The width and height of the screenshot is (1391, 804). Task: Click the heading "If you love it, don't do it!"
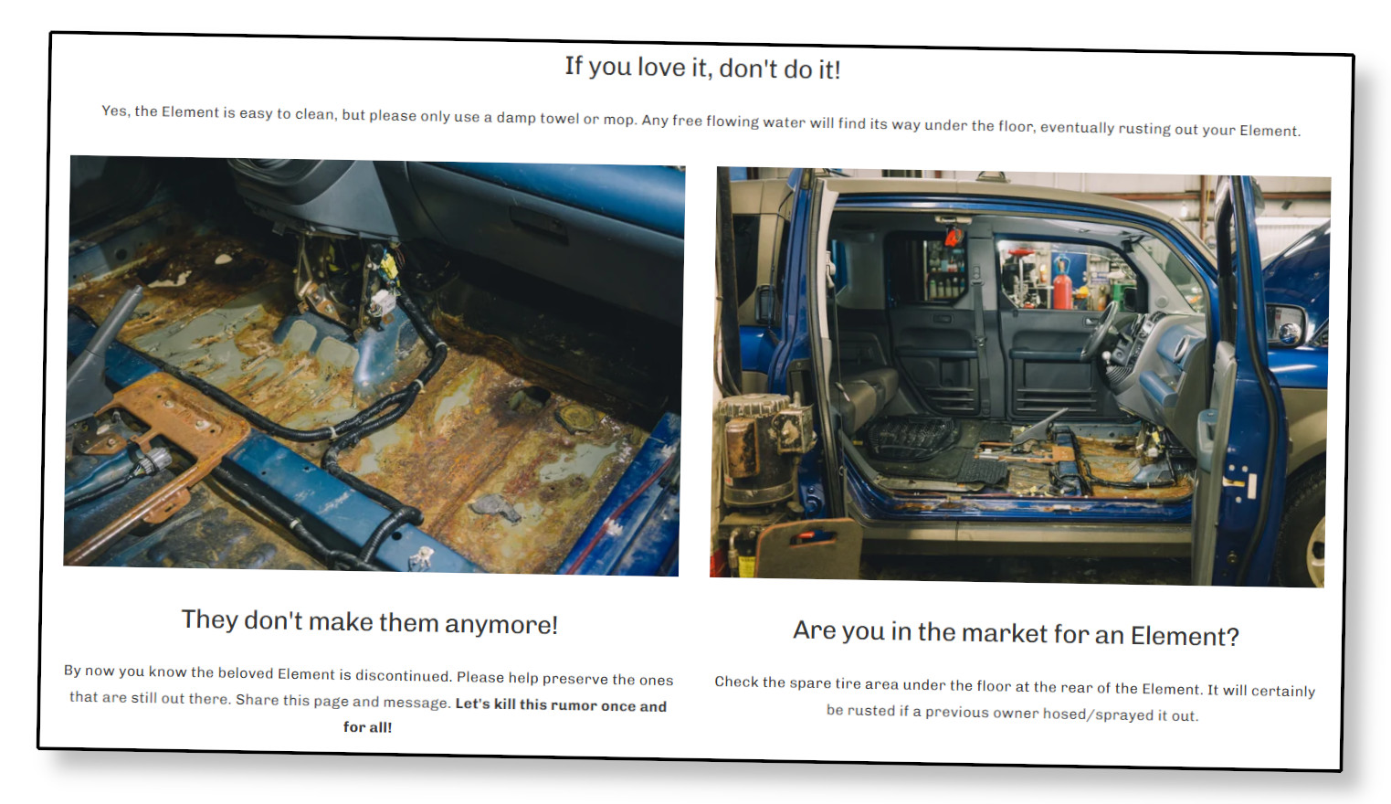click(x=702, y=68)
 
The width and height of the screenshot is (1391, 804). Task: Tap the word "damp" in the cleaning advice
click(x=517, y=118)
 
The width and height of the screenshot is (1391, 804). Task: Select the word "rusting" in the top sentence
click(x=1147, y=129)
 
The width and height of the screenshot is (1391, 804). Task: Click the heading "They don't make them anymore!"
click(x=370, y=622)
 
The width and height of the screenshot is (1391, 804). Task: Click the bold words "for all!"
click(x=368, y=727)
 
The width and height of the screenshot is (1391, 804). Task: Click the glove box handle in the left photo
click(x=538, y=223)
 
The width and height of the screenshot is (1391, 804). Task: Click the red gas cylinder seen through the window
click(x=1062, y=285)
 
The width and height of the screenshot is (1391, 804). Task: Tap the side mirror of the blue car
click(x=1288, y=325)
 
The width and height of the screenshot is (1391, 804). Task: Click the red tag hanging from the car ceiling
click(x=954, y=236)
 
